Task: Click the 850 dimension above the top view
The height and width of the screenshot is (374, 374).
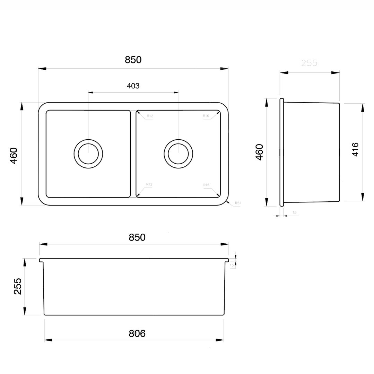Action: (133, 60)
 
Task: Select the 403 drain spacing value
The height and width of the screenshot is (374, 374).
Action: (133, 86)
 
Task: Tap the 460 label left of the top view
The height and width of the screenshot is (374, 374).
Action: (14, 156)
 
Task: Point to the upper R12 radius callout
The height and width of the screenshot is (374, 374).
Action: (150, 116)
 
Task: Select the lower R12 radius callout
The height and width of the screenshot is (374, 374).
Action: (150, 184)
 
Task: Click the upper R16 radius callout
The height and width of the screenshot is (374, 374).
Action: (206, 116)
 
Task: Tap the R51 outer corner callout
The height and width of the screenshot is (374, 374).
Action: (238, 203)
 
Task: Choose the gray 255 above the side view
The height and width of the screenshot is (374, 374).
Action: (309, 63)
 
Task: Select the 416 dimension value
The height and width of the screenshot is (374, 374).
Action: (355, 150)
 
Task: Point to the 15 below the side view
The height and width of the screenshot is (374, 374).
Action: (294, 212)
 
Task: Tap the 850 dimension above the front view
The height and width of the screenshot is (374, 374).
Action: (137, 237)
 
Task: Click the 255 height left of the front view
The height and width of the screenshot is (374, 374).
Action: (17, 286)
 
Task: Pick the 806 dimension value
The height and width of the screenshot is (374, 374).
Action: (137, 333)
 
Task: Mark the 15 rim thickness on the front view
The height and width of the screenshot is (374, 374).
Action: (232, 265)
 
